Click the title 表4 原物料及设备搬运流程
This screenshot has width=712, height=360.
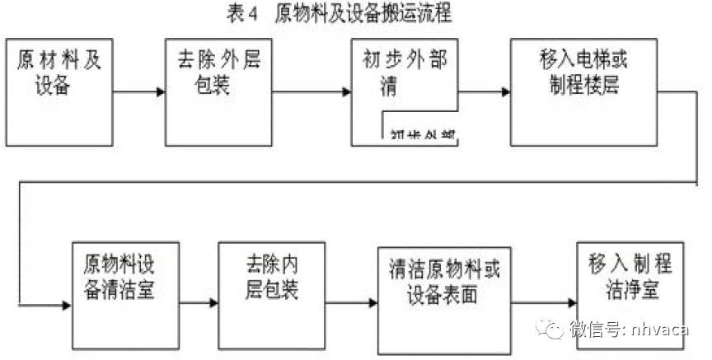(x=339, y=14)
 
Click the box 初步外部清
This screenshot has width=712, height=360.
(x=404, y=74)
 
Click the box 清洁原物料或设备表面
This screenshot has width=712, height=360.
(x=442, y=295)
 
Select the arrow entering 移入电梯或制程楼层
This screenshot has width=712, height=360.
(x=485, y=91)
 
